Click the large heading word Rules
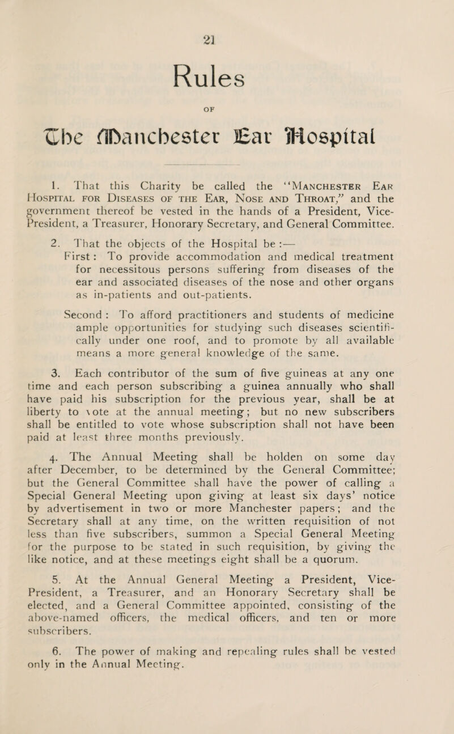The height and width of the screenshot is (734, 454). (226, 57)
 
